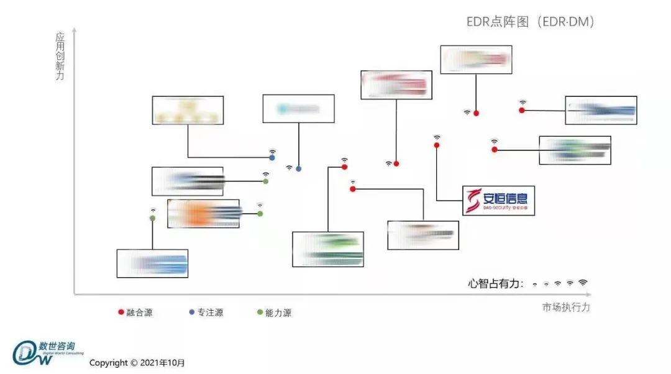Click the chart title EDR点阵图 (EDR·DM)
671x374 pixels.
[x=531, y=22]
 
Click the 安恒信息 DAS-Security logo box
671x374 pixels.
[x=498, y=200]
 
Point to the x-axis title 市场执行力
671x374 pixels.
[x=565, y=308]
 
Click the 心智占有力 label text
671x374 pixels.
[x=495, y=284]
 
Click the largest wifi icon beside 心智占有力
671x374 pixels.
[x=583, y=283]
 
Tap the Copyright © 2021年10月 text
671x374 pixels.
[x=137, y=363]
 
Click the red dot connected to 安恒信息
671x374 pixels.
[x=437, y=145]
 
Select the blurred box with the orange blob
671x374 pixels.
[x=203, y=214]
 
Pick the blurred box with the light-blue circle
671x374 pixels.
[x=298, y=109]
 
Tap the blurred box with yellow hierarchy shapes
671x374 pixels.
[x=188, y=110]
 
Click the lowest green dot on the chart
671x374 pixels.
[x=152, y=219]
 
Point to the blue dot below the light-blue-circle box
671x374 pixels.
[x=299, y=169]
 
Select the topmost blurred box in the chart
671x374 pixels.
[x=476, y=60]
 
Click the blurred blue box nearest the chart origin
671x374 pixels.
[x=152, y=263]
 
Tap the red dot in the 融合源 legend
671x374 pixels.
[x=121, y=312]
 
